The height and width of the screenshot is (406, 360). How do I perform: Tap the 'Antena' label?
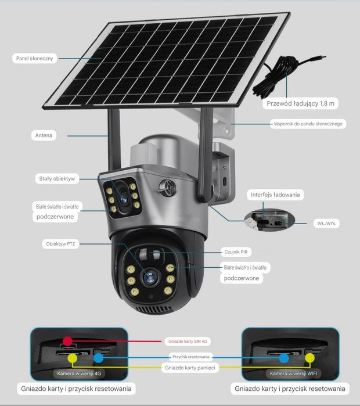[44, 135]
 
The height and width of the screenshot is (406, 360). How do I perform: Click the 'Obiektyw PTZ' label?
[60, 244]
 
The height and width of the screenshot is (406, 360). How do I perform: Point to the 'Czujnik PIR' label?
[236, 252]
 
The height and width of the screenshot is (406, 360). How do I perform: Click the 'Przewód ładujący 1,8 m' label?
[301, 103]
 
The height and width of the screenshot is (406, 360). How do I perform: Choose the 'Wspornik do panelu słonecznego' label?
[308, 124]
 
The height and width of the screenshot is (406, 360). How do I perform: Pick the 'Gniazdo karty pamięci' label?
[190, 368]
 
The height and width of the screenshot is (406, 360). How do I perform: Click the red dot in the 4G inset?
[68, 341]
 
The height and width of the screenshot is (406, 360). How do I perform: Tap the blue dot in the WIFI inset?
[284, 358]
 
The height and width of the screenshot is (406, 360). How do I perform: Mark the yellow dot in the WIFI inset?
[310, 358]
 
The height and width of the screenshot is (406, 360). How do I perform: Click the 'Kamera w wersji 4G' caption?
[79, 373]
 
